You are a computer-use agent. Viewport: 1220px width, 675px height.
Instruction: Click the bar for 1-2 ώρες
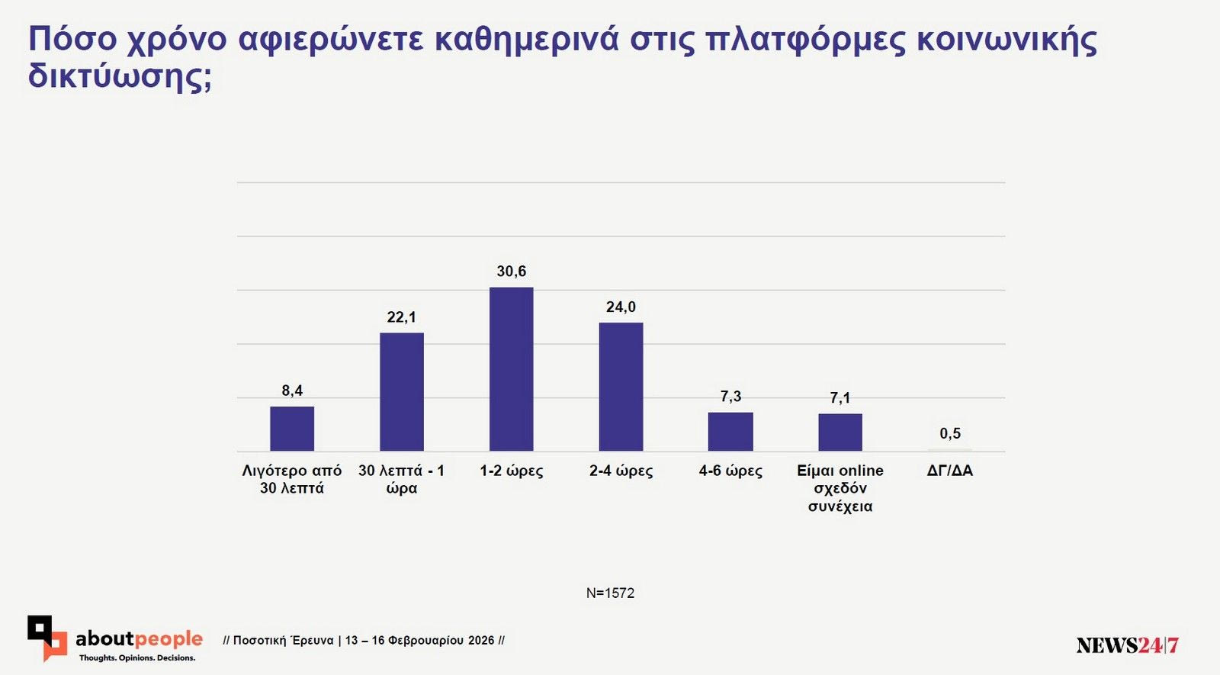tap(511, 369)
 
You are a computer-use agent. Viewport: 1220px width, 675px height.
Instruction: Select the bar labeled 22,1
tap(401, 392)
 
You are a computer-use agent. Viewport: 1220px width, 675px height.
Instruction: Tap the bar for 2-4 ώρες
tap(621, 387)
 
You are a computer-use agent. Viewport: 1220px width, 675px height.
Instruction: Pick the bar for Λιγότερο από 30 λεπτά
tap(292, 429)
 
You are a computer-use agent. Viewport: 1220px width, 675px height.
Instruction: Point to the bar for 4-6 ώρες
tap(730, 432)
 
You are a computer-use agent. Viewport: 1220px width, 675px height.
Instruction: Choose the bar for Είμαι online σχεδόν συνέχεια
tap(840, 432)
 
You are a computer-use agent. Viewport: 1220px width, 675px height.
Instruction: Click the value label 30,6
tap(511, 272)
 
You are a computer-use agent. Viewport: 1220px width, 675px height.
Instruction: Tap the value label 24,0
tap(621, 307)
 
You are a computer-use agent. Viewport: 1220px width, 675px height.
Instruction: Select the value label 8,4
tap(292, 391)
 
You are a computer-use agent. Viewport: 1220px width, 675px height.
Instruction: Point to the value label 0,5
tap(950, 434)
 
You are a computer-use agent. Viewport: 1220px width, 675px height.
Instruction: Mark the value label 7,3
tap(730, 397)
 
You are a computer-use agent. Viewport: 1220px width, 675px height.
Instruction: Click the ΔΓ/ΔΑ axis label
tap(950, 471)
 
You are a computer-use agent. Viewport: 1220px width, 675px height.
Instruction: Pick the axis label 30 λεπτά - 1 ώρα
tap(401, 480)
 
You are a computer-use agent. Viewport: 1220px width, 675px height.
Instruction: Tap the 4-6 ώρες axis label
tap(730, 471)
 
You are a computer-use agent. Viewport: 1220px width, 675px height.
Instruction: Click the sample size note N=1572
tap(610, 593)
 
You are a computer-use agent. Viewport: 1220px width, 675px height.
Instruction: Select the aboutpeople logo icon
tap(47, 638)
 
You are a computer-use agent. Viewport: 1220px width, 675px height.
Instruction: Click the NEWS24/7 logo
tap(1127, 645)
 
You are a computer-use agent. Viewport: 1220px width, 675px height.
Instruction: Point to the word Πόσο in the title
tap(72, 40)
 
